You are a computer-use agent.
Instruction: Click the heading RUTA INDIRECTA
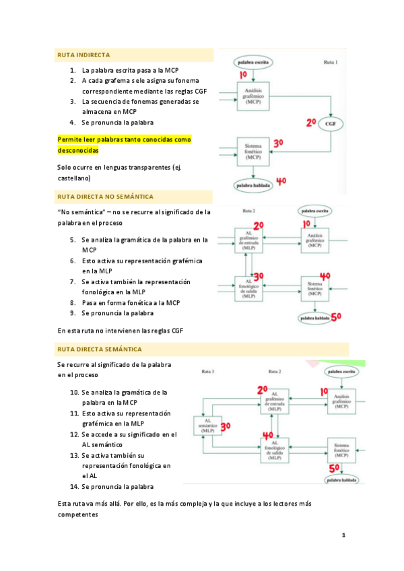tap(83, 55)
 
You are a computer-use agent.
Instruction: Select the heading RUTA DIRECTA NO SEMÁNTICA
tap(105, 197)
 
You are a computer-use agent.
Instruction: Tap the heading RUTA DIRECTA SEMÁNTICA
tap(100, 349)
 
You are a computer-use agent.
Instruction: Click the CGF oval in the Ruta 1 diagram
tap(331, 124)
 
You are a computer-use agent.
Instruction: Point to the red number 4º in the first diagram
tap(281, 180)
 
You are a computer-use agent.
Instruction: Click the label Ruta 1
tap(331, 63)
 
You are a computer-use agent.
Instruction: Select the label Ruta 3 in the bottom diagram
tap(208, 371)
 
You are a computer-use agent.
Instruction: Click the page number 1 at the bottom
tap(343, 536)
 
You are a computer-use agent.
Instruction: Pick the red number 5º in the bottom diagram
tap(334, 469)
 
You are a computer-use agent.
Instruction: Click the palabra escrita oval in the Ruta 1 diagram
tap(252, 62)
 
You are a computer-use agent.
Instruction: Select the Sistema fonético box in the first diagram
tap(253, 153)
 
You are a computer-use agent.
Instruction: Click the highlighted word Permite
tap(71, 139)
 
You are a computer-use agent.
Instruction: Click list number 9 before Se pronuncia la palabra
tap(73, 313)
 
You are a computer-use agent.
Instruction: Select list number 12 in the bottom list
tap(75, 435)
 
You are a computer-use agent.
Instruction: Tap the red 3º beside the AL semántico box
tap(226, 426)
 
